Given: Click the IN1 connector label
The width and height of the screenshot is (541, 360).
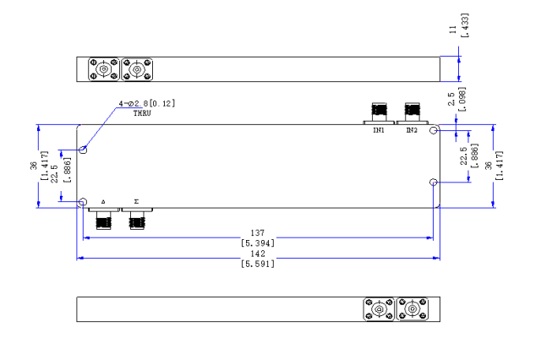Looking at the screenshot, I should [379, 131].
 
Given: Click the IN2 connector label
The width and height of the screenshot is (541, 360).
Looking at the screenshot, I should [412, 131].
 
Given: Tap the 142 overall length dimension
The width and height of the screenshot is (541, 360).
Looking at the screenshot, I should [260, 252].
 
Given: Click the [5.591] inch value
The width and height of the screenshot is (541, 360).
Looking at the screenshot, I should [260, 264].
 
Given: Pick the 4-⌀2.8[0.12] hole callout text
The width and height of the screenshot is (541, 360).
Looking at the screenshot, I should [147, 103].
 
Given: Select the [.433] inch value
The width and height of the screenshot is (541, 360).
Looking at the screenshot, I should [464, 25].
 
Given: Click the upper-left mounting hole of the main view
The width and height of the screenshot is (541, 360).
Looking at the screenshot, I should [83, 150].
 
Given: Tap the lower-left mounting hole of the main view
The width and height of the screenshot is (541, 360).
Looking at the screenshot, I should [83, 203].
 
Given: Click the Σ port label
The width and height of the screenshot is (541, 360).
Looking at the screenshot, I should [136, 203].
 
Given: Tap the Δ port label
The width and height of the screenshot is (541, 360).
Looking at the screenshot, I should [103, 203].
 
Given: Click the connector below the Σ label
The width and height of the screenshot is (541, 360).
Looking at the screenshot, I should [136, 221].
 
